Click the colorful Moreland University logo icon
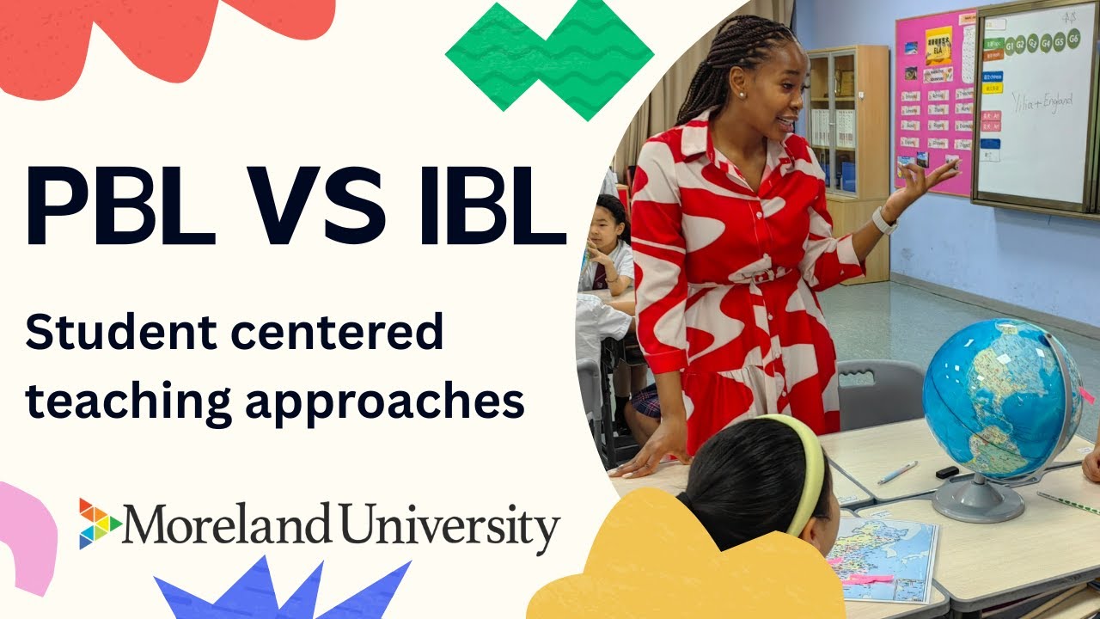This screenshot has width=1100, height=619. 100,523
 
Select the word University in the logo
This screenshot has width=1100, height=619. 448,525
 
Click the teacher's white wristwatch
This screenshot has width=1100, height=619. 883,221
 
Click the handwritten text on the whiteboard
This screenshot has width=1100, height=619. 1041,101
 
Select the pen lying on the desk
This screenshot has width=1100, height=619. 897,471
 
